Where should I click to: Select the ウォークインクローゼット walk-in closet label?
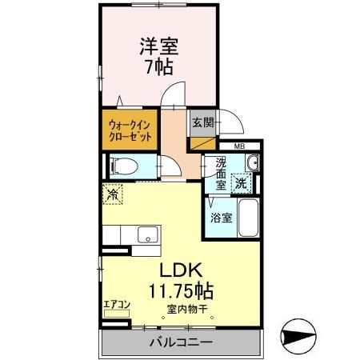pyautogui.click(x=131, y=130)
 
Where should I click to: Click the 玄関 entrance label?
pyautogui.click(x=202, y=123)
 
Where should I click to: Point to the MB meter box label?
pyautogui.click(x=239, y=146)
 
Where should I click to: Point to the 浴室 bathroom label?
pyautogui.click(x=221, y=218)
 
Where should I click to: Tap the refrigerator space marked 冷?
pyautogui.click(x=113, y=193)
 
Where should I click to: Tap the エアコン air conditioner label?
pyautogui.click(x=117, y=305)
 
